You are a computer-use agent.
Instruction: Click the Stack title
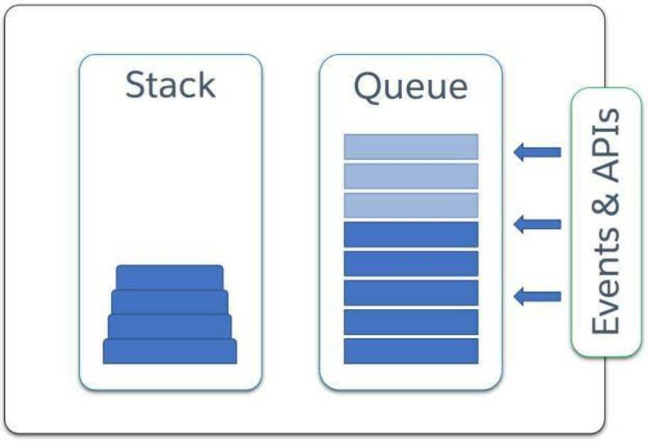pyautogui.click(x=171, y=85)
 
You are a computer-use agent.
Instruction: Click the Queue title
pyautogui.click(x=411, y=87)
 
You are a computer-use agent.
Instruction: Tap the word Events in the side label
pyautogui.click(x=605, y=282)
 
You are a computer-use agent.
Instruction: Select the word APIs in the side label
pyautogui.click(x=605, y=145)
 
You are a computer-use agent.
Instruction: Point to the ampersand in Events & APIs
pyautogui.click(x=605, y=205)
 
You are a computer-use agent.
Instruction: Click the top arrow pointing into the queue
pyautogui.click(x=537, y=152)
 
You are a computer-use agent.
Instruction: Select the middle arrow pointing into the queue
pyautogui.click(x=537, y=224)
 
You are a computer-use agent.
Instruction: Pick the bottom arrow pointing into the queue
pyautogui.click(x=537, y=296)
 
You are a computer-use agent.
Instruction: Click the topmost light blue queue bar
pyautogui.click(x=411, y=146)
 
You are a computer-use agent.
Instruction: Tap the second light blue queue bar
pyautogui.click(x=411, y=176)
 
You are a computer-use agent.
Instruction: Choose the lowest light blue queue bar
pyautogui.click(x=411, y=205)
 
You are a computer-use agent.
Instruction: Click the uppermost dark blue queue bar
pyautogui.click(x=411, y=234)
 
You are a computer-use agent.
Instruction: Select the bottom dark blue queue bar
pyautogui.click(x=411, y=352)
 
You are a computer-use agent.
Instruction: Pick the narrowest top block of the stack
pyautogui.click(x=169, y=278)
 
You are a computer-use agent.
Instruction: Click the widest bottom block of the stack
pyautogui.click(x=170, y=352)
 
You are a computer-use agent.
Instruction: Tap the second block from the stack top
pyautogui.click(x=169, y=302)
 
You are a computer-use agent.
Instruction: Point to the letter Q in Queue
pyautogui.click(x=368, y=87)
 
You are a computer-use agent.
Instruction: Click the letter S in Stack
pyautogui.click(x=135, y=85)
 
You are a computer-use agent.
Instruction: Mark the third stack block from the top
pyautogui.click(x=169, y=327)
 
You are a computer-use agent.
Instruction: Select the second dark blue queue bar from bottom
pyautogui.click(x=411, y=322)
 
